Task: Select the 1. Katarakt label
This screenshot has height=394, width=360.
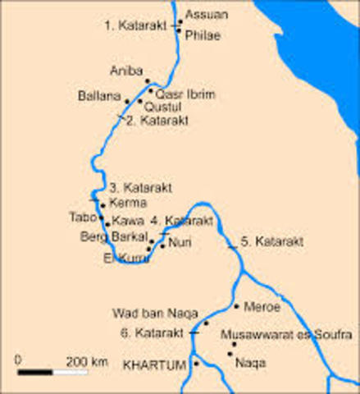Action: [136, 25]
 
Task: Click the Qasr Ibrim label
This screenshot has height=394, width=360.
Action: [185, 94]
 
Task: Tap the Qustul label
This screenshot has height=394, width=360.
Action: [161, 107]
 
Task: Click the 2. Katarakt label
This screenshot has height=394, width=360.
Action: [159, 120]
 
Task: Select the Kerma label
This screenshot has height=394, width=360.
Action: [128, 203]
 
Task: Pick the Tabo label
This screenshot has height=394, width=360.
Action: [83, 218]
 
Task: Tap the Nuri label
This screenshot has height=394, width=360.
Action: [180, 242]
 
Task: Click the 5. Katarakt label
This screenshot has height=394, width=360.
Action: [272, 242]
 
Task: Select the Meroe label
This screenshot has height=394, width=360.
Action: [262, 306]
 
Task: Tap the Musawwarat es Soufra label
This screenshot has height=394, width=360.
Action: [285, 336]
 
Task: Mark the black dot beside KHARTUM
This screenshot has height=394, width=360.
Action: [197, 363]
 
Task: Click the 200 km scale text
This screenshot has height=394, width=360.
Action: [88, 360]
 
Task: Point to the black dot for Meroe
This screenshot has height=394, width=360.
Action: [237, 306]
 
